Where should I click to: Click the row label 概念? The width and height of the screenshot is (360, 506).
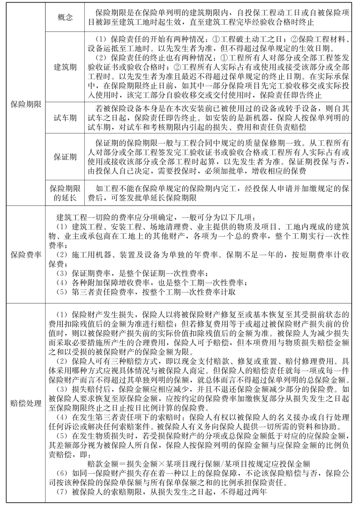[x=65, y=17]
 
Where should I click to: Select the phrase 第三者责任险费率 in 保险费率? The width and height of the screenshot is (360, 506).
[x=104, y=292]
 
